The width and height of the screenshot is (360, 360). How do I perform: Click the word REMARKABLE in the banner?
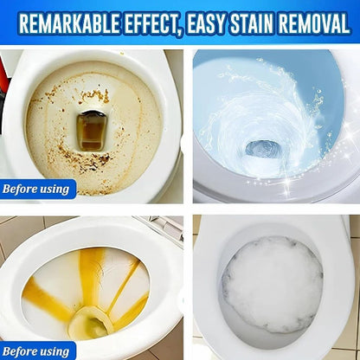68,23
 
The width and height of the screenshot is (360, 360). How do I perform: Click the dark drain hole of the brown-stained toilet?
92,129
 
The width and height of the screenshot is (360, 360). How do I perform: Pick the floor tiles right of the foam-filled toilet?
354,286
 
